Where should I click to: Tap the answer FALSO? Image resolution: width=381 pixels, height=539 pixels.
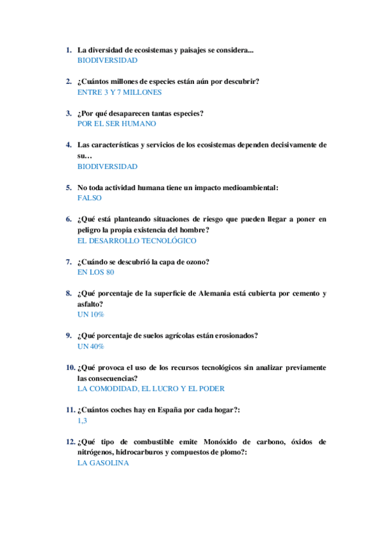[89, 198]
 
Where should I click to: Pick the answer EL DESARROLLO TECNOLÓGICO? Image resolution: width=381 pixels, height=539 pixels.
[136, 241]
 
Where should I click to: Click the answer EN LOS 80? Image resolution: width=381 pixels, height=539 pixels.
[95, 272]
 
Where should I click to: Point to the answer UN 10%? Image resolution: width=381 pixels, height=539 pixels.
[90, 315]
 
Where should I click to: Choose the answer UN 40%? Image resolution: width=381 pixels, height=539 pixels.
[90, 346]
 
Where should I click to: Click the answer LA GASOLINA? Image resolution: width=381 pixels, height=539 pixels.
[102, 463]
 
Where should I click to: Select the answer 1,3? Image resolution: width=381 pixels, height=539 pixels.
[82, 421]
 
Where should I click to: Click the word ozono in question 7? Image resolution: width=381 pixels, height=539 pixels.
[196, 262]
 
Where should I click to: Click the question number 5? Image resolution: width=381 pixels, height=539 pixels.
[69, 188]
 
